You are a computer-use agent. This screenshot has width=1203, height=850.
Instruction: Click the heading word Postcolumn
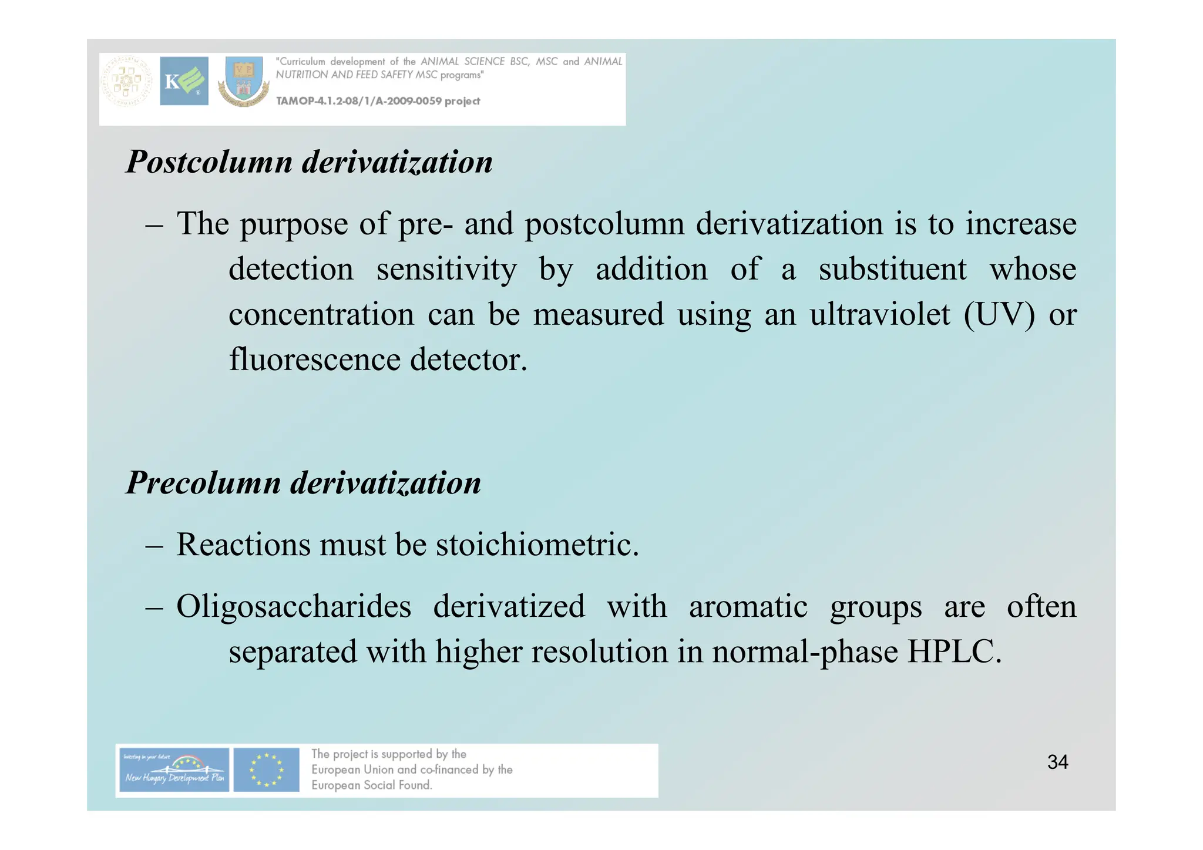click(209, 162)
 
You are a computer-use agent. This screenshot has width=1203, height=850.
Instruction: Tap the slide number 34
click(1057, 762)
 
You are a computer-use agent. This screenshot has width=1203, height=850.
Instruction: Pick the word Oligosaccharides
click(294, 606)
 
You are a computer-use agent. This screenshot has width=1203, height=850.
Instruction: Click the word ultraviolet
click(880, 314)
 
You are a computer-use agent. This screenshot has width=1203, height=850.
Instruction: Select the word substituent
click(892, 270)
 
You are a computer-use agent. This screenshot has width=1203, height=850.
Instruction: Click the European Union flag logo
click(266, 770)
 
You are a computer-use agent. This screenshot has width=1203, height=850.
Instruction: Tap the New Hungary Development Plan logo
click(173, 770)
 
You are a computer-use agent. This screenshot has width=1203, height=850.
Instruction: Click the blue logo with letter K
click(184, 81)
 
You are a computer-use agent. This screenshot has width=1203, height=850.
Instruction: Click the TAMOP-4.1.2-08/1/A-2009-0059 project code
click(378, 101)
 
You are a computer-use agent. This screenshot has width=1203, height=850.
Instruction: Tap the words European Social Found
click(371, 785)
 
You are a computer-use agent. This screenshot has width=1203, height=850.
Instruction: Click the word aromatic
click(748, 606)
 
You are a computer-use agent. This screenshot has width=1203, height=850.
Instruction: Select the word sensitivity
click(446, 270)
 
